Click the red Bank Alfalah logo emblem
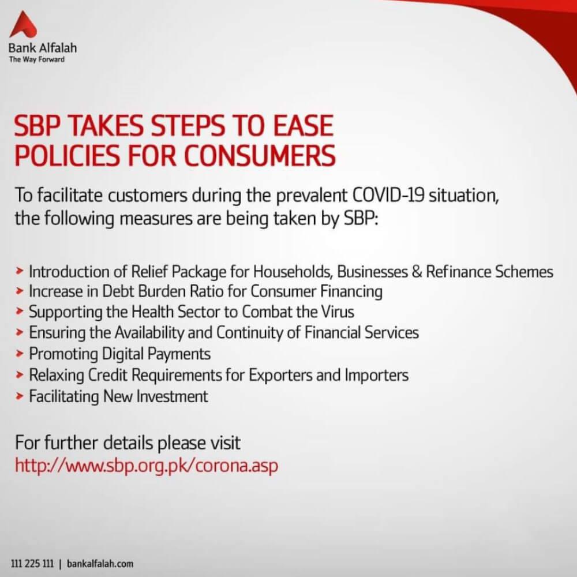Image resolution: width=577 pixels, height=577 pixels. pyautogui.click(x=23, y=24)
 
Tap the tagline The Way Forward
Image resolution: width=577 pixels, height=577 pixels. pyautogui.click(x=37, y=59)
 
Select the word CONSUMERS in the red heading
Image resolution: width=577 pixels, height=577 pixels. pyautogui.click(x=260, y=155)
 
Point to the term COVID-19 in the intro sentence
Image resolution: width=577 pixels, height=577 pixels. pyautogui.click(x=388, y=195)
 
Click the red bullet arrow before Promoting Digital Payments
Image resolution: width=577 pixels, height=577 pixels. pyautogui.click(x=20, y=354)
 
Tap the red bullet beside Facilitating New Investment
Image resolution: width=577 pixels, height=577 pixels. pyautogui.click(x=20, y=396)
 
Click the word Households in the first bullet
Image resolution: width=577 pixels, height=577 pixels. pyautogui.click(x=293, y=272)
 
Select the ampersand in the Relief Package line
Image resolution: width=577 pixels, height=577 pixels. pyautogui.click(x=417, y=272)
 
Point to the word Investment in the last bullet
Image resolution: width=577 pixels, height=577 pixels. pyautogui.click(x=172, y=396)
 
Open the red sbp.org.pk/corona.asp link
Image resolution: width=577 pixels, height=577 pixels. pyautogui.click(x=147, y=466)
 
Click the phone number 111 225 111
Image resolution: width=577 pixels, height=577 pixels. pyautogui.click(x=32, y=563)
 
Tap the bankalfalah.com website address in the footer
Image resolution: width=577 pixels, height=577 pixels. pyautogui.click(x=100, y=563)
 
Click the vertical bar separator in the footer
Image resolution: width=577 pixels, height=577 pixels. pyautogui.click(x=61, y=564)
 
